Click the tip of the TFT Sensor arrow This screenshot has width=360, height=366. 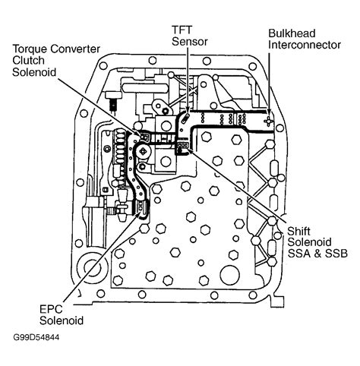click(x=183, y=120)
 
